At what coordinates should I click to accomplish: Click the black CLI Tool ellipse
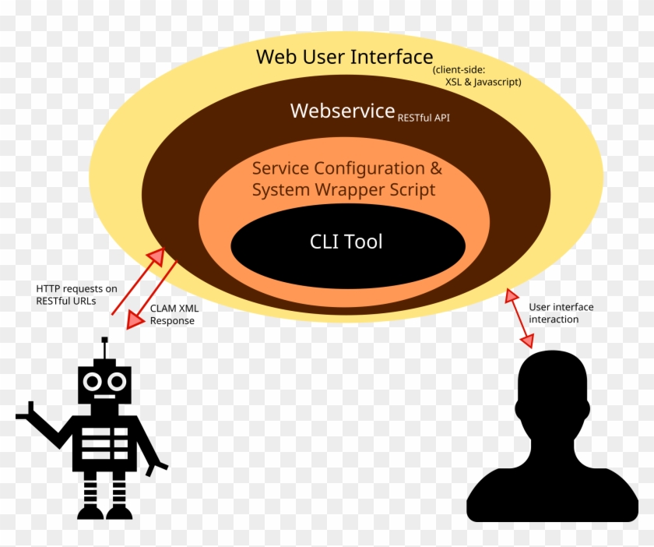point(347,243)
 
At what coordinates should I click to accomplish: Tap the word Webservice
point(343,111)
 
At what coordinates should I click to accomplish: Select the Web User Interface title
point(344,57)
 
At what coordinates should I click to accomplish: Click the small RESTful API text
point(424,118)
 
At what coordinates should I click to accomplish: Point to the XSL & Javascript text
point(483,82)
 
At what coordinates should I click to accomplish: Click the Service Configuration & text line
point(347,168)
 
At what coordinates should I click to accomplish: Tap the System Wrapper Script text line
point(343,190)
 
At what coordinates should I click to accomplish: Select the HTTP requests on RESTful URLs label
point(76,295)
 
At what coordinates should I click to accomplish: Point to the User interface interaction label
point(561,312)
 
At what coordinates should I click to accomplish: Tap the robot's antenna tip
point(104,341)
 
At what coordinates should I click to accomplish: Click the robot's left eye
point(93,381)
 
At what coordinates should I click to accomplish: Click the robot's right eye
point(117,381)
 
